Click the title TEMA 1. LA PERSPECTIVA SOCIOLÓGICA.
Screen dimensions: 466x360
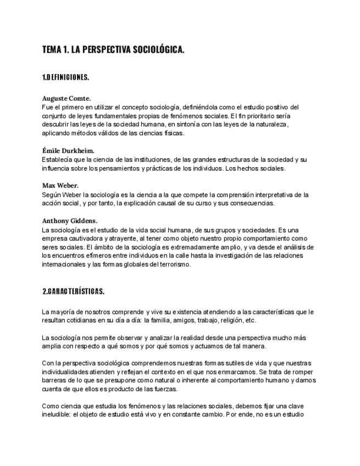pyautogui.click(x=113, y=50)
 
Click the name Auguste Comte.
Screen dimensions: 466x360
pyautogui.click(x=67, y=98)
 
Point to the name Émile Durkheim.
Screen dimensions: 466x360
pyautogui.click(x=68, y=150)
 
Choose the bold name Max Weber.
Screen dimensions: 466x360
pyautogui.click(x=60, y=185)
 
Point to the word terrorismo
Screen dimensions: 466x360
pyautogui.click(x=173, y=264)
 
